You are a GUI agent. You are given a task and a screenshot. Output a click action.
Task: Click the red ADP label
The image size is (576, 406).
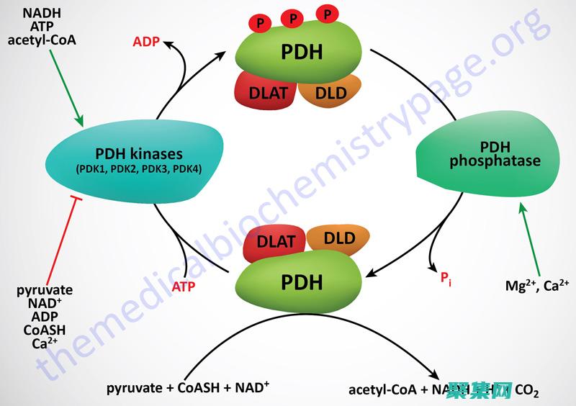(147, 41)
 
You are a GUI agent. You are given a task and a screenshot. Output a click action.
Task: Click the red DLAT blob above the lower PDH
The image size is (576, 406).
(276, 242)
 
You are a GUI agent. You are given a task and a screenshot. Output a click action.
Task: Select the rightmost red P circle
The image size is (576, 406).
(329, 15)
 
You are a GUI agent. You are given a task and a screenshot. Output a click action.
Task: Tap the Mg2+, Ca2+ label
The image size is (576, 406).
(537, 285)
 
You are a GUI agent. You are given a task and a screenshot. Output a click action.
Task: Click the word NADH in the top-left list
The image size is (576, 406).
(42, 12)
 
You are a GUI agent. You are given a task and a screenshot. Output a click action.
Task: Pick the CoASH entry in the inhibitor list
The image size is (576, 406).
(45, 330)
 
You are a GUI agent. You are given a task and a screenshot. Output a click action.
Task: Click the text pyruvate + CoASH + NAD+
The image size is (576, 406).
(188, 389)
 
